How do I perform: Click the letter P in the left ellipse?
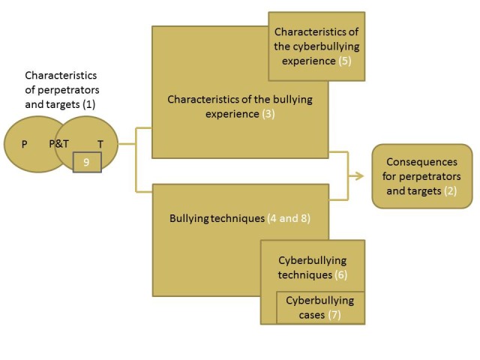[x=25, y=144]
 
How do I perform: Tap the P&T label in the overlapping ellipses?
[x=59, y=143]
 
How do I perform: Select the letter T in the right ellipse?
[x=100, y=144]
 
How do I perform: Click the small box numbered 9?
[x=87, y=161]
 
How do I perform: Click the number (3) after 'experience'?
[x=268, y=113]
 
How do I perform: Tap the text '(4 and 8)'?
[x=289, y=219]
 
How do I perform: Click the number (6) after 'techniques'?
[x=340, y=275]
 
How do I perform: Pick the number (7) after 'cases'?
[x=334, y=315]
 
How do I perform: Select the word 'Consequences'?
[x=421, y=161]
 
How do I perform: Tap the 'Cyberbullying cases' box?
[x=321, y=307]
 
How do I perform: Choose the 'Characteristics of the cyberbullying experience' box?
[x=316, y=46]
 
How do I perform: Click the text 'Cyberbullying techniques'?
[x=313, y=268]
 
